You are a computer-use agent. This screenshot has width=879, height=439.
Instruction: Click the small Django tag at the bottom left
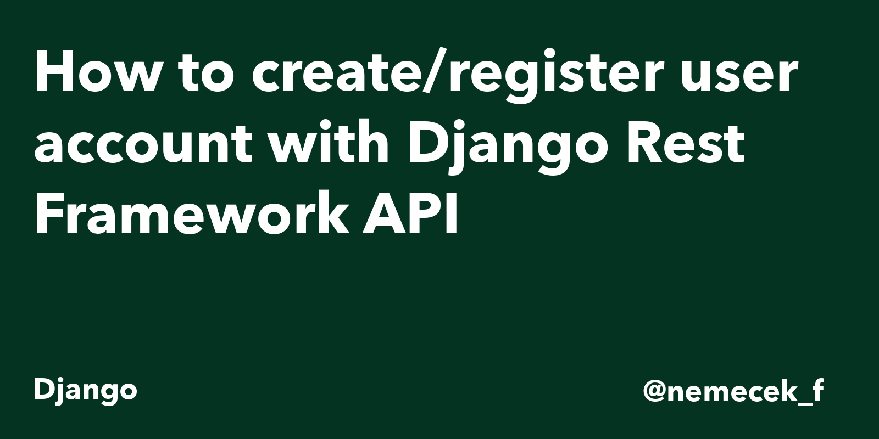86,391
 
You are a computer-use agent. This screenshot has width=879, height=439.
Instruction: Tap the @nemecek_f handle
733,391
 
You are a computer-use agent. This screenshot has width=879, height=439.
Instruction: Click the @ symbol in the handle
654,392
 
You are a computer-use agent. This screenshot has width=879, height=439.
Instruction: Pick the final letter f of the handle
818,390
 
